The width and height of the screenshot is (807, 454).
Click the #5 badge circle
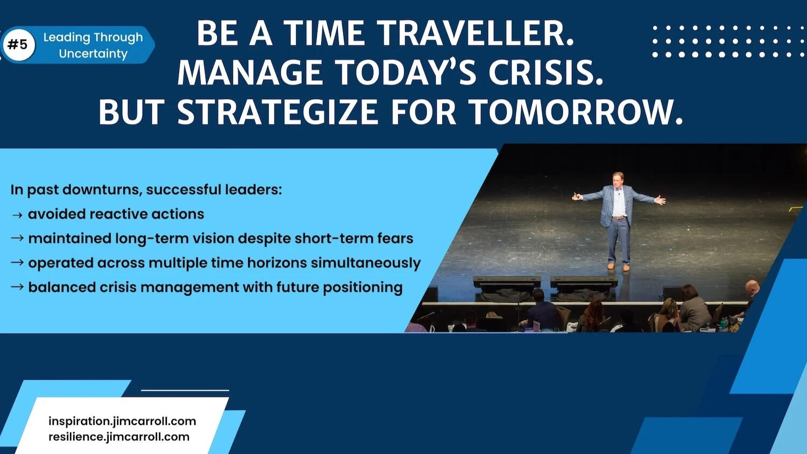tap(18, 45)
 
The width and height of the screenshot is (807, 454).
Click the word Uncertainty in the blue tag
tap(93, 54)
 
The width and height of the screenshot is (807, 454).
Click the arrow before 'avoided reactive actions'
tap(17, 215)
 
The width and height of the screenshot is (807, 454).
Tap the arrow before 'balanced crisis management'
tap(17, 287)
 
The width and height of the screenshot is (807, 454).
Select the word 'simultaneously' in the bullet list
tap(365, 263)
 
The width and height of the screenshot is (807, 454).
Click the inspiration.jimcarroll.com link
tap(122, 421)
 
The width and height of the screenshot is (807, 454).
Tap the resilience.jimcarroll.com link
tap(119, 437)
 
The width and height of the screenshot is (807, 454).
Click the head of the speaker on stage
tap(618, 178)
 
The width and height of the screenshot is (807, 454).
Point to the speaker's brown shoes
tap(618, 267)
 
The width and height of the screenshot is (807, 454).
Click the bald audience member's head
tap(752, 287)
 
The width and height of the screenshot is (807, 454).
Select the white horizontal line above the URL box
tap(185, 390)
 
